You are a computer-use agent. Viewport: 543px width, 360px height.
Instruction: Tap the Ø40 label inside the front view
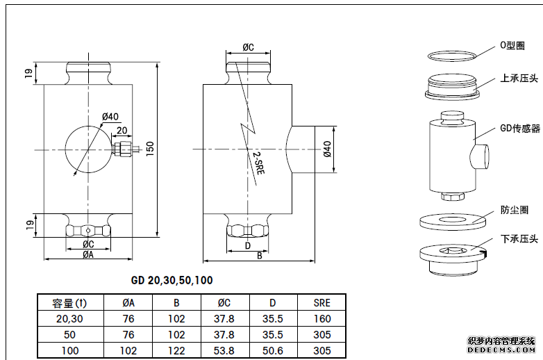tap(110, 116)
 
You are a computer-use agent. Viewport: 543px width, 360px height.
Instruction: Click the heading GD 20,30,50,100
tap(172, 281)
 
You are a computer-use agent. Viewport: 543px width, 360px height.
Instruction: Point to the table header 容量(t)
tap(70, 302)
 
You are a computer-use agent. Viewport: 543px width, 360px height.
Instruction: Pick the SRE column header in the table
tap(321, 302)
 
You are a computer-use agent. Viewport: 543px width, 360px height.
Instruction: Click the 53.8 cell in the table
tap(225, 350)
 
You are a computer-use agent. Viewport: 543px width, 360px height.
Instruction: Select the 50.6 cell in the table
tap(274, 350)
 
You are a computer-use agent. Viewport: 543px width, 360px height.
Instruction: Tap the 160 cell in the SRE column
tap(321, 318)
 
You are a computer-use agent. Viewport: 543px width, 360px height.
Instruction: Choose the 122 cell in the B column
tap(176, 350)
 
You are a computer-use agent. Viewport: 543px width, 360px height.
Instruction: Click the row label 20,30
tap(69, 318)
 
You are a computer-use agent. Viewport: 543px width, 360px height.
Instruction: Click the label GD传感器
tap(519, 129)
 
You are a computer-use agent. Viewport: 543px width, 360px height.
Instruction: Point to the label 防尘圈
tap(514, 209)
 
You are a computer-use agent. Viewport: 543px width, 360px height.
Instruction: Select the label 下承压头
tap(519, 239)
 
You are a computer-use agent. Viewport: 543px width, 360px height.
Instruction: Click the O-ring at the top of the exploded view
tap(451, 55)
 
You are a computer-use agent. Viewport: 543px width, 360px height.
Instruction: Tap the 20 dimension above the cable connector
tap(122, 131)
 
